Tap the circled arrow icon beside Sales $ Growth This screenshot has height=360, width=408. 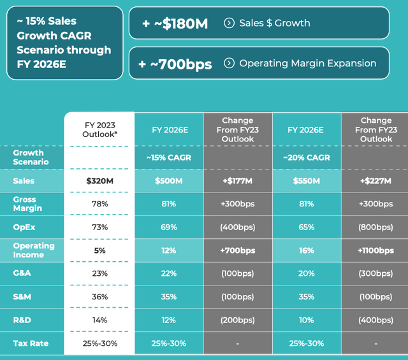229,23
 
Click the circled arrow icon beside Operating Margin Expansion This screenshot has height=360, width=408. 229,63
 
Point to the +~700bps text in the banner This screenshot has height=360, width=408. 176,64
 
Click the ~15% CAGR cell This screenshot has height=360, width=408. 169,157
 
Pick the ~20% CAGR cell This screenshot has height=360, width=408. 307,157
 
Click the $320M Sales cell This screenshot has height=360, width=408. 99,181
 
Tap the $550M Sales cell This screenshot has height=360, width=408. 307,181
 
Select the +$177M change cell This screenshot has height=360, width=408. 238,181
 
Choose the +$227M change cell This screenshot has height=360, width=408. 375,181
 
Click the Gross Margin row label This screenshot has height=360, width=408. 29,204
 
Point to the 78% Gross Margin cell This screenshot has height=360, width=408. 99,204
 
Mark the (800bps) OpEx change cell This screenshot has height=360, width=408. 375,227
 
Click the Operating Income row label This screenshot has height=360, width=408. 34,250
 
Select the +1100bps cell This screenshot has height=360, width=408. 375,250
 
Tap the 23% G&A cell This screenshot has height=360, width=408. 99,273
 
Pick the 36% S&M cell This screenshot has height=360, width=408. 99,297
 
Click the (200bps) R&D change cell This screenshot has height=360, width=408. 238,320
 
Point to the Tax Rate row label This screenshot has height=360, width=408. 31,343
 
